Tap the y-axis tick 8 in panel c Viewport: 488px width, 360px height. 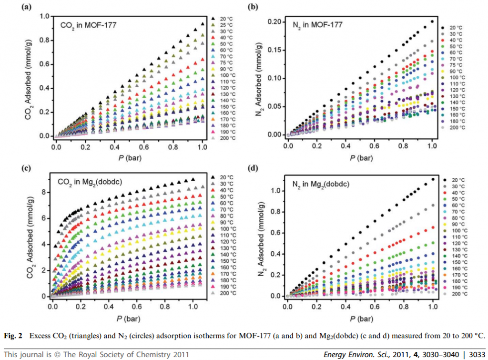[x=45, y=192]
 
